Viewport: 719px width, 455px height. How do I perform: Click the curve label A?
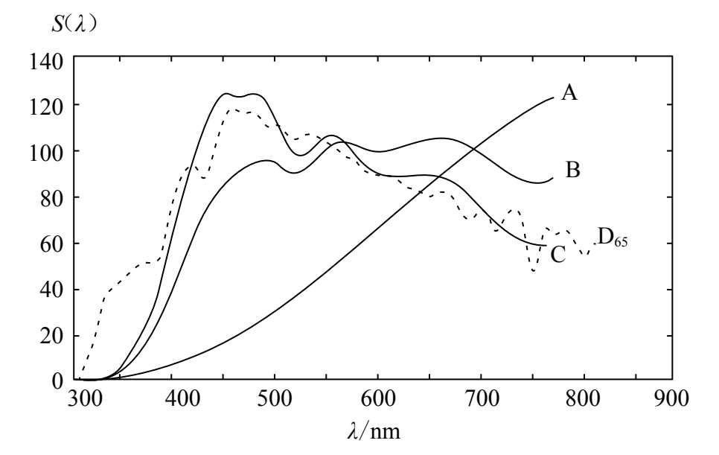click(570, 92)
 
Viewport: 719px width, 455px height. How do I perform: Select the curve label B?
click(572, 171)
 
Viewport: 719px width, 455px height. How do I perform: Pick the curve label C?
click(558, 254)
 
